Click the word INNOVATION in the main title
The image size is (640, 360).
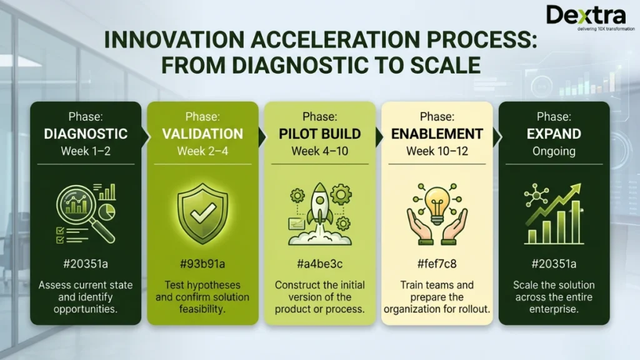(x=167, y=40)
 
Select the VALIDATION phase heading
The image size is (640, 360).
(x=202, y=134)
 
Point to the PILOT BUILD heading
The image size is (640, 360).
(x=319, y=134)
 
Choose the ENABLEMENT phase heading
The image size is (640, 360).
(x=437, y=134)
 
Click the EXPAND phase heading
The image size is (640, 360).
(x=554, y=134)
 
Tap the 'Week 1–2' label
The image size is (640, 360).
(x=86, y=151)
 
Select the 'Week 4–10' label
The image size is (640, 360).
(x=319, y=151)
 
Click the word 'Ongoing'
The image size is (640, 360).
(x=554, y=151)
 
